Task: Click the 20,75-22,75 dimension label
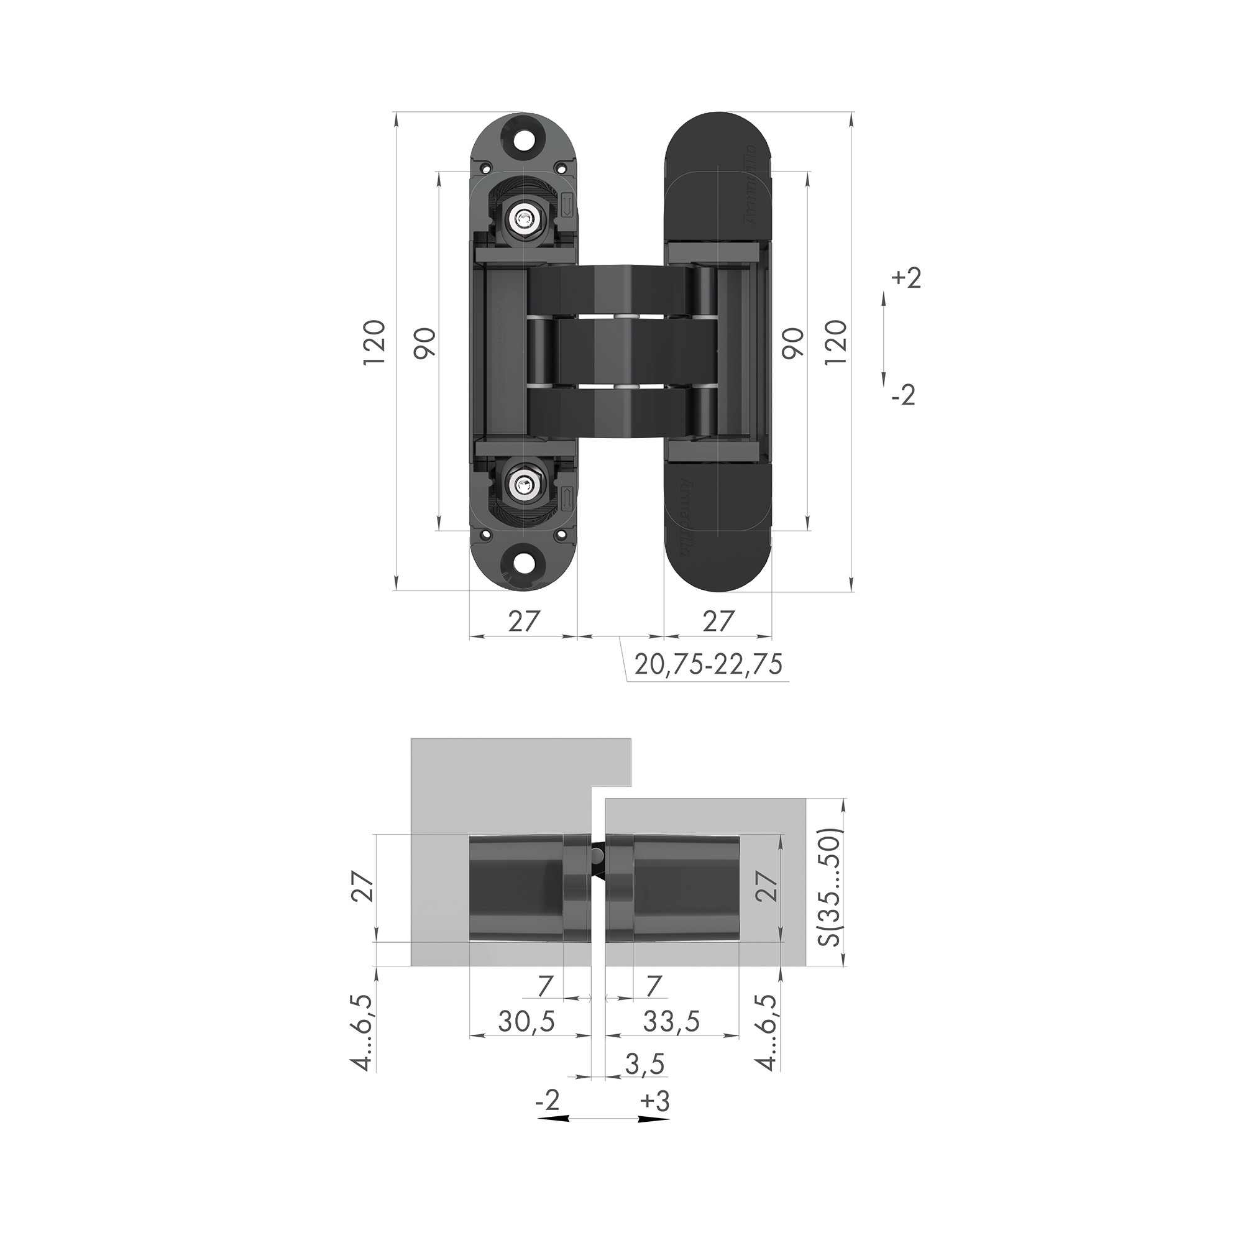[x=708, y=664]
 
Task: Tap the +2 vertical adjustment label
[x=907, y=279]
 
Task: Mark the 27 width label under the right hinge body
[x=717, y=621]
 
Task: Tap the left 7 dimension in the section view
[x=545, y=985]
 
